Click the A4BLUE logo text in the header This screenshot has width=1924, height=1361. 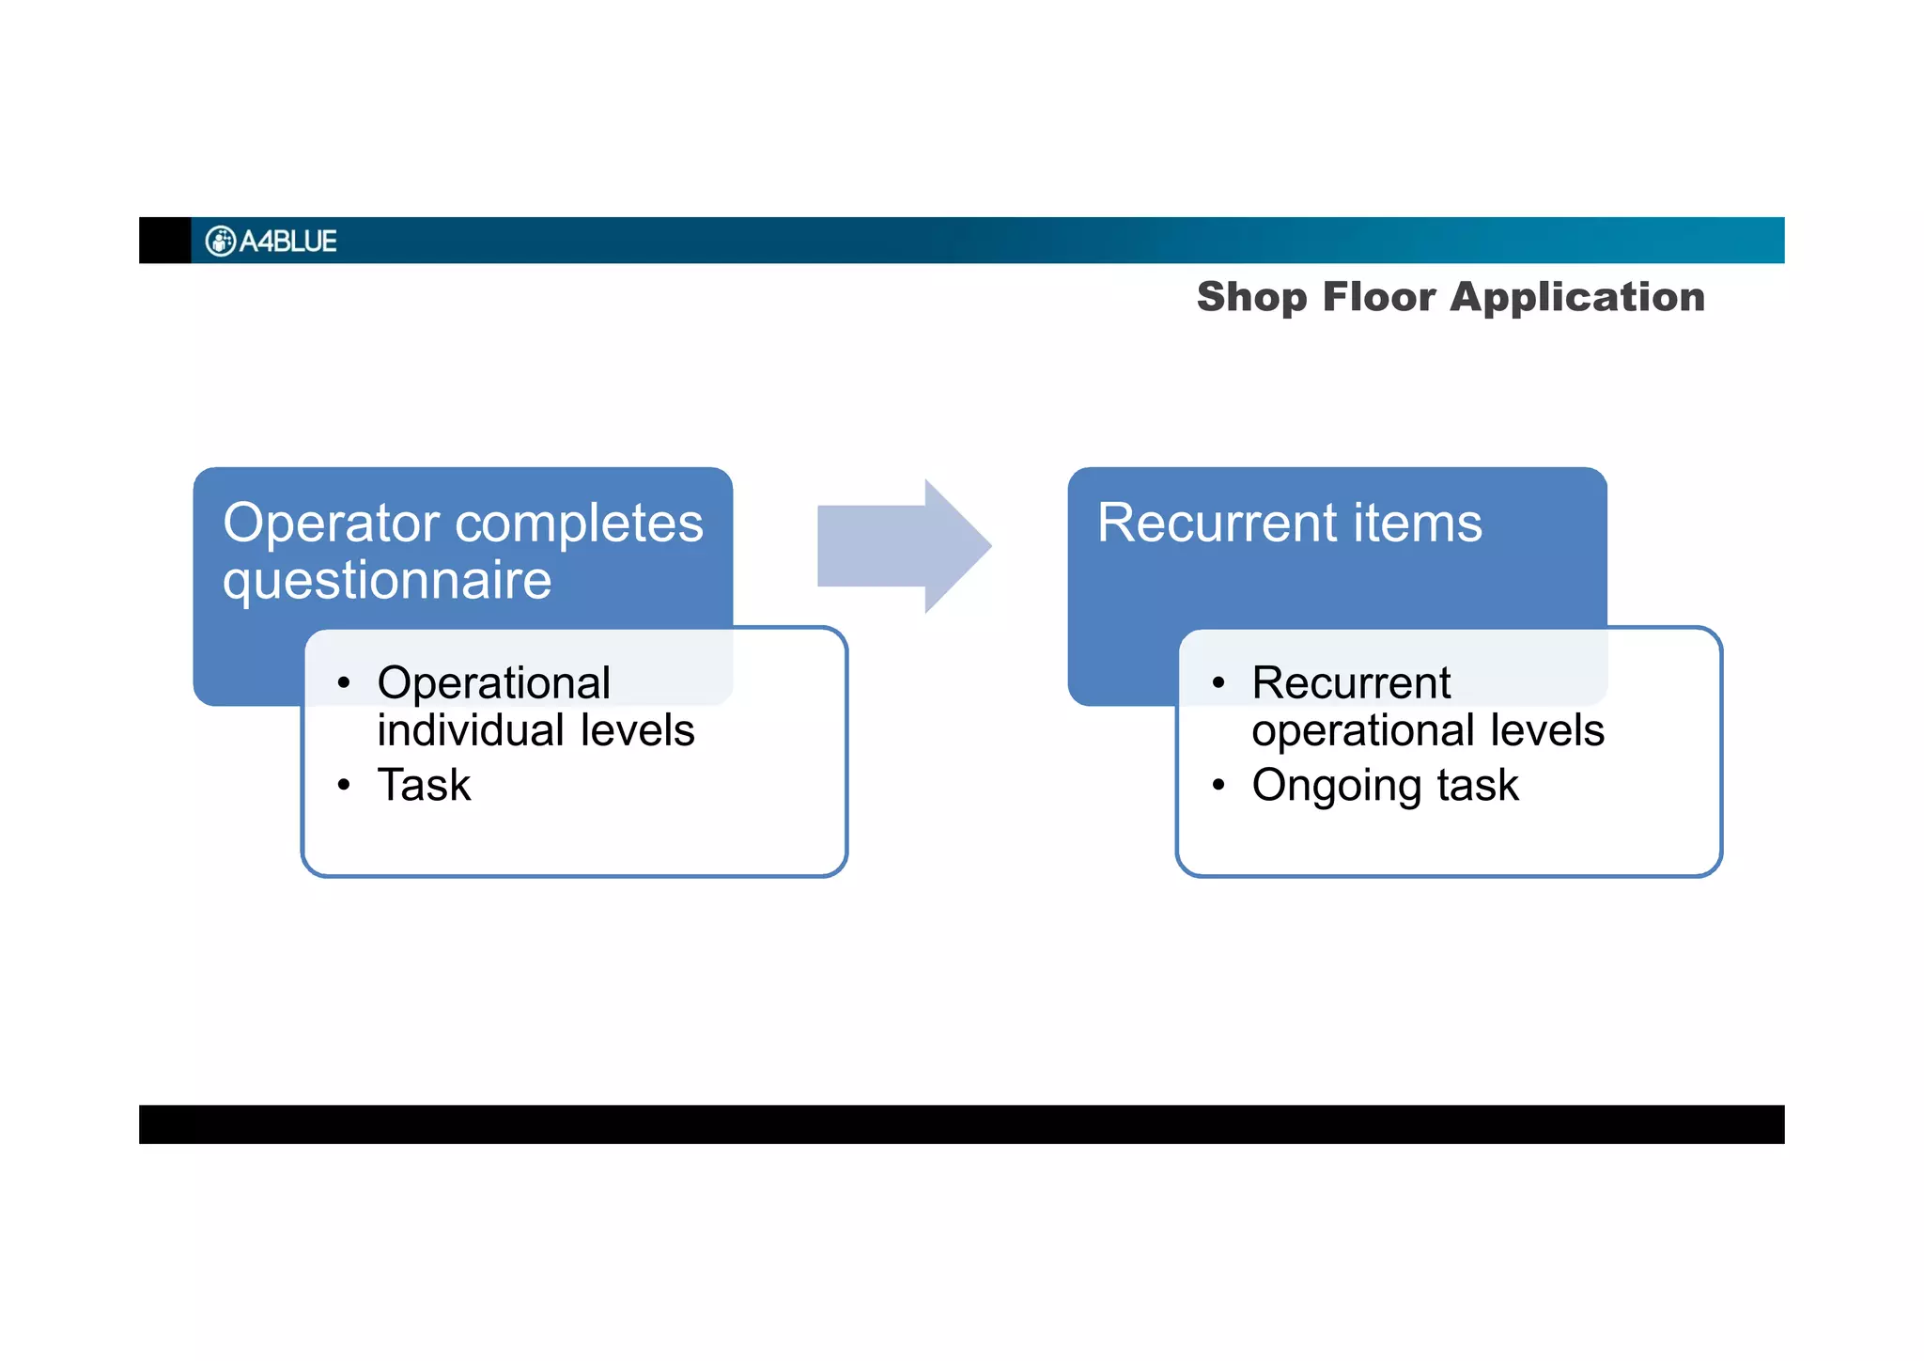pos(287,242)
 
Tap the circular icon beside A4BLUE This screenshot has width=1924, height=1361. pos(220,242)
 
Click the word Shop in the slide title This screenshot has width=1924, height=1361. pos(1251,298)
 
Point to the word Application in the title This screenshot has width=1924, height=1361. pos(1577,298)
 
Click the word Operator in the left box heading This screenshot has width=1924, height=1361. pos(331,523)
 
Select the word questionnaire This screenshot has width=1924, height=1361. pos(387,581)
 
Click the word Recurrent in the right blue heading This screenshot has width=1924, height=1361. pos(1217,523)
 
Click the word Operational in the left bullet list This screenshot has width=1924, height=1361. pos(493,683)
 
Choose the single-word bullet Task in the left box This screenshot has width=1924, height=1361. pos(424,785)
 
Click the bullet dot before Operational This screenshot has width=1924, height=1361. pos(344,683)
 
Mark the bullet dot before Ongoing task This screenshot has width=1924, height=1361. pos(1218,785)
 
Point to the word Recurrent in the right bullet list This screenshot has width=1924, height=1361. pos(1351,683)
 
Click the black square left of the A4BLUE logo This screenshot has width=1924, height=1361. pos(164,241)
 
